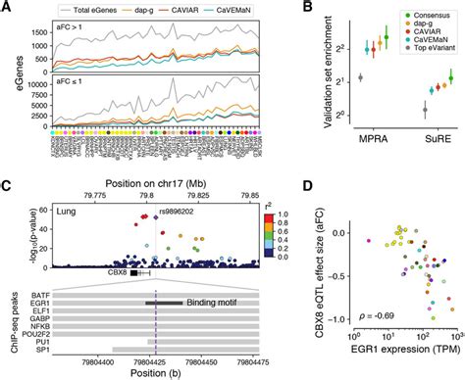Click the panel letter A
click(x=8, y=8)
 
